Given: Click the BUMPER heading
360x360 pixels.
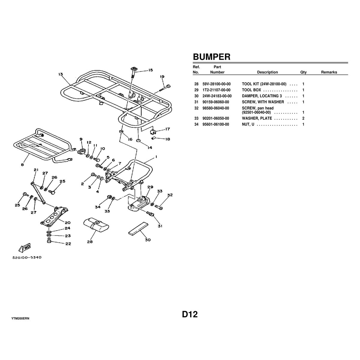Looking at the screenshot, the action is click(211, 57).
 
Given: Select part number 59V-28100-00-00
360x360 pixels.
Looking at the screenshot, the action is click(216, 84).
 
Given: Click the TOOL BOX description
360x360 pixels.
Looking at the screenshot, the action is click(251, 90).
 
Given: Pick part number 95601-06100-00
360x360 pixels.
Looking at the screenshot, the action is click(216, 124).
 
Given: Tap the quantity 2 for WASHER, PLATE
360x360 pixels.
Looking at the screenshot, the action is click(303, 118).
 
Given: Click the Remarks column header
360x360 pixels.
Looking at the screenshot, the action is click(329, 72).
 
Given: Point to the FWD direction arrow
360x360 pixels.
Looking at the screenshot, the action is click(25, 248).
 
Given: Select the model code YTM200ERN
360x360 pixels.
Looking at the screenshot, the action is click(20, 319).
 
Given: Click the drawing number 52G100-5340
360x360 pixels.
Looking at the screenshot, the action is click(27, 257).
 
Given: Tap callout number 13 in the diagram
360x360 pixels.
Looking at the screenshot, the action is click(61, 74).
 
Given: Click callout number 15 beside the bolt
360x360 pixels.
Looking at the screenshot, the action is click(151, 70).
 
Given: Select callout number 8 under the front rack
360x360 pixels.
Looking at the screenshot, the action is click(22, 165).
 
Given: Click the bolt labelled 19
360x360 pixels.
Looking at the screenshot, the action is click(165, 88).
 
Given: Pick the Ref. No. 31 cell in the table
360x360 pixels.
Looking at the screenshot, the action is click(196, 102).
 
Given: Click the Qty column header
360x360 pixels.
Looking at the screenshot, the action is click(303, 72).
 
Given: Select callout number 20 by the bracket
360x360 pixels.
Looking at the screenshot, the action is click(67, 223).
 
